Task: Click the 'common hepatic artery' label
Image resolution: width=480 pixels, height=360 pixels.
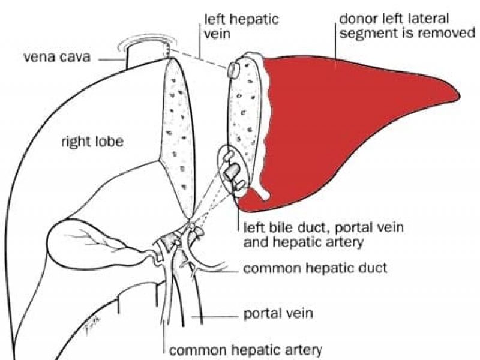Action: pos(246,349)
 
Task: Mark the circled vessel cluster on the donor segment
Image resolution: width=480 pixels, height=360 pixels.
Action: pos(231,171)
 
